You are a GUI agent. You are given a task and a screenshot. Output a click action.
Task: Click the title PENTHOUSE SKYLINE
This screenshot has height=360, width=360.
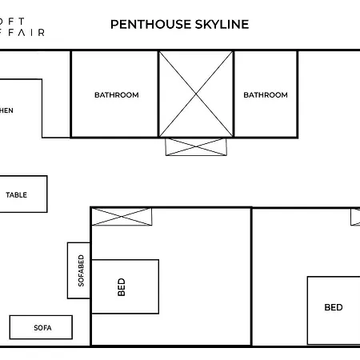[179, 24]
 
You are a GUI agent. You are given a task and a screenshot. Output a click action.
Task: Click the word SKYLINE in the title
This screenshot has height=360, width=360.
[216, 24]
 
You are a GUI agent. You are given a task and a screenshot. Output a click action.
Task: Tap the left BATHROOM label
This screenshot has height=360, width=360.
[116, 95]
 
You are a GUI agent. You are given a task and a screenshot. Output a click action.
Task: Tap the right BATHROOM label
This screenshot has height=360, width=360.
[265, 95]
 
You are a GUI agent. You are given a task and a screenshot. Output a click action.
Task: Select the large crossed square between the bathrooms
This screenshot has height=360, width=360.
[195, 94]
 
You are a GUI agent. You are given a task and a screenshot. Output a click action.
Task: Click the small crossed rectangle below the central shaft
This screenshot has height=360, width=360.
[195, 146]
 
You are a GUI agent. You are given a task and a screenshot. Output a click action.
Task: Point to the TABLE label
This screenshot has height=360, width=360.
[16, 194]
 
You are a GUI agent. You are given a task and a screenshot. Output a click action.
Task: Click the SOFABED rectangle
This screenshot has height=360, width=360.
[79, 270]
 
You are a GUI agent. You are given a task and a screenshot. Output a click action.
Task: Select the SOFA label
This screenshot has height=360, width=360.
[42, 327]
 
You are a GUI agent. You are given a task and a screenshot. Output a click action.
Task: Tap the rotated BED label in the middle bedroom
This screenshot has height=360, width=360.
[122, 286]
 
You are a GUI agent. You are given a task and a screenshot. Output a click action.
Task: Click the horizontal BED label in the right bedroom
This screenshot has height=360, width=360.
[333, 307]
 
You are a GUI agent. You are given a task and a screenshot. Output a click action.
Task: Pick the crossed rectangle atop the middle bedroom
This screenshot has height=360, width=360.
[122, 216]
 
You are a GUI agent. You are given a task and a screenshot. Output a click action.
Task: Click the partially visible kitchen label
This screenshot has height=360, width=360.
[6, 110]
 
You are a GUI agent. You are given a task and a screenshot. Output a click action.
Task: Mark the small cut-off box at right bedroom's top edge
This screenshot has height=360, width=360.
[355, 216]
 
